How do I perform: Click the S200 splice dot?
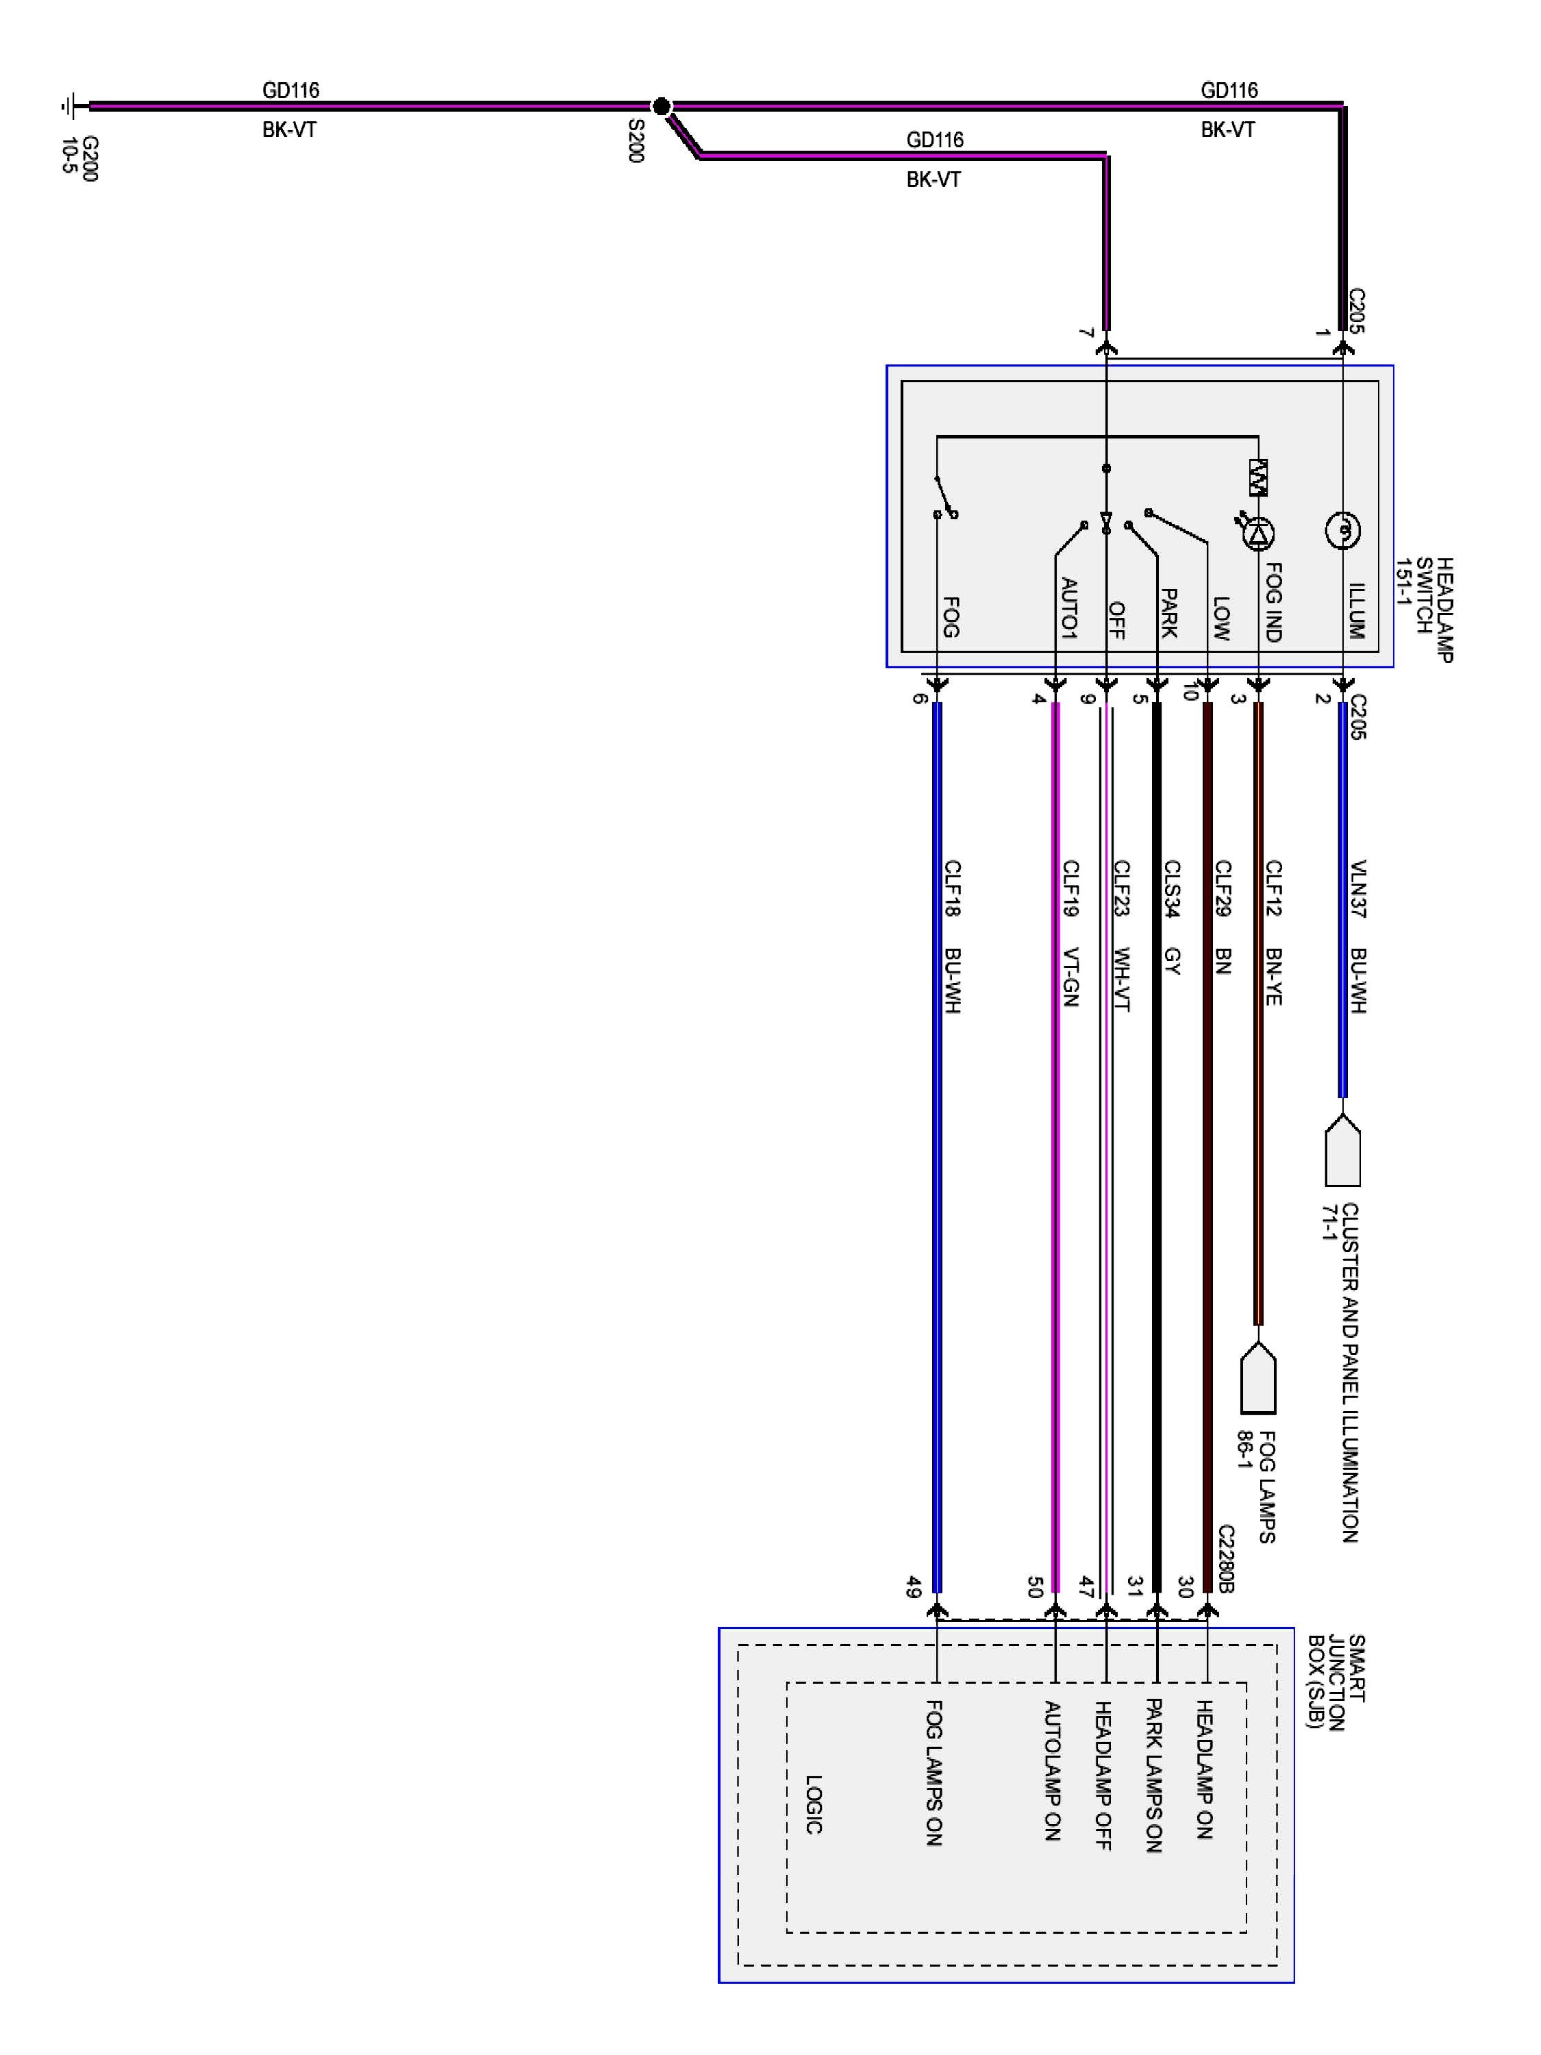click(x=660, y=107)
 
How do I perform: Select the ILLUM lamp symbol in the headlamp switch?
click(x=1342, y=530)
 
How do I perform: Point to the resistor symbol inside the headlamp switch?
click(x=1259, y=477)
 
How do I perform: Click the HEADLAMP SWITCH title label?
click(x=1424, y=610)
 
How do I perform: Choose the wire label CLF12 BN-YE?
click(x=1273, y=932)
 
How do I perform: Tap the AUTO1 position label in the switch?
click(x=1069, y=608)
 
